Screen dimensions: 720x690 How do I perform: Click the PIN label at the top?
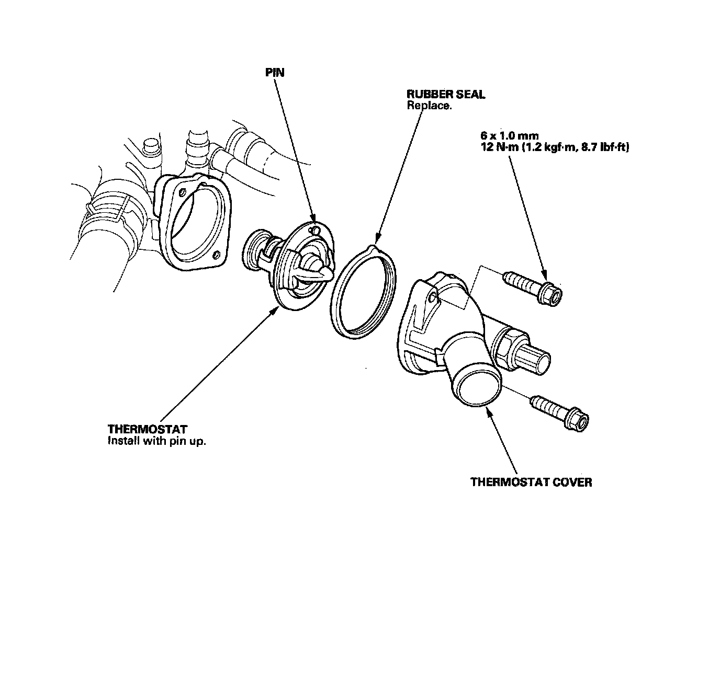click(x=275, y=73)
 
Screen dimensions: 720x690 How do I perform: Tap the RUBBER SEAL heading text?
click(x=446, y=95)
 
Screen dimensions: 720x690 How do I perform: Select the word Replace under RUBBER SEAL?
click(x=429, y=105)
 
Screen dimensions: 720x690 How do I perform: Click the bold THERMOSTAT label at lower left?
click(x=147, y=430)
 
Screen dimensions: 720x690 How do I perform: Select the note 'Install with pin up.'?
click(x=157, y=441)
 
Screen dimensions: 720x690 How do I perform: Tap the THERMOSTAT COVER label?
click(x=531, y=482)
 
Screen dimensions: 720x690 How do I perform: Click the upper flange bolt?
click(x=534, y=287)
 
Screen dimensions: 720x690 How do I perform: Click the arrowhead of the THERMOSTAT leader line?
click(x=276, y=311)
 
